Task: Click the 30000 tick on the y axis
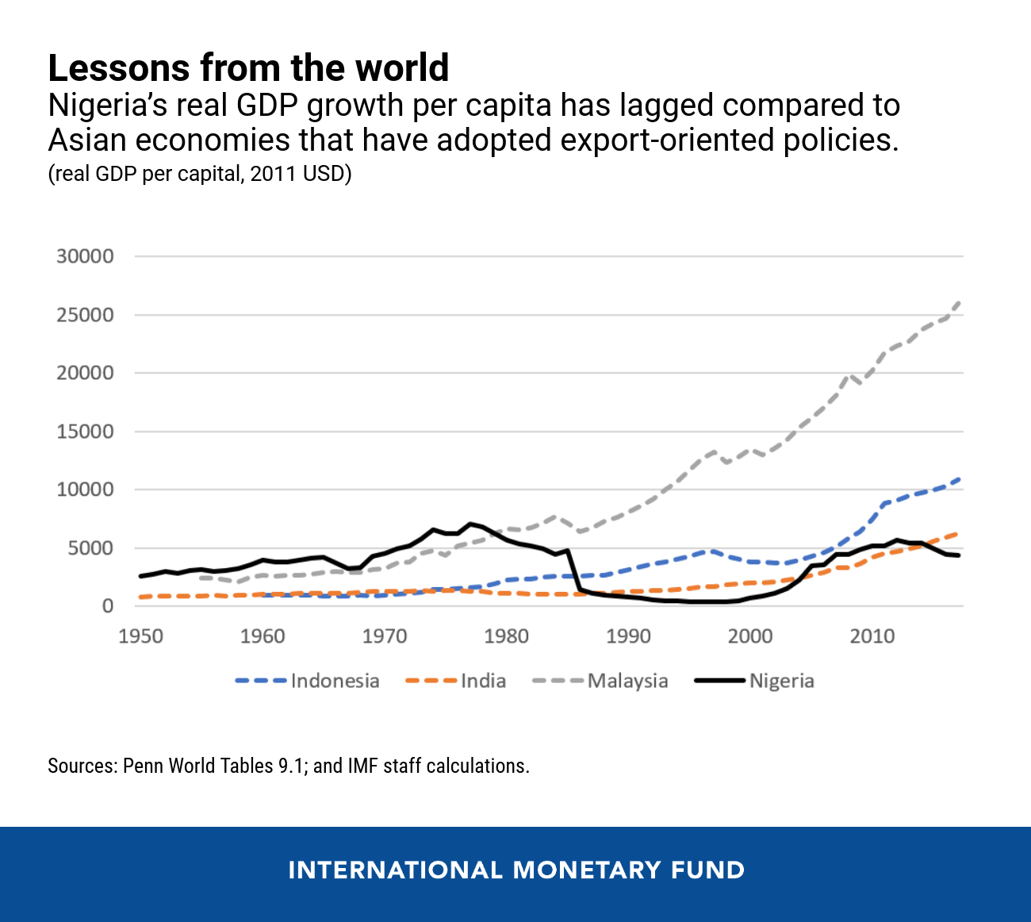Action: [85, 256]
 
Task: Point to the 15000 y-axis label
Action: [85, 432]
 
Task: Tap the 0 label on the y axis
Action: [108, 606]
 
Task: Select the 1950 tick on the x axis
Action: [141, 636]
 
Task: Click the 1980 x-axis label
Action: [507, 636]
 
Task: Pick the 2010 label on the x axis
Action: [872, 636]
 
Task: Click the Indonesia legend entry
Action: [335, 681]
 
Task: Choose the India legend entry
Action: [483, 681]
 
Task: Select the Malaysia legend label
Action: [627, 681]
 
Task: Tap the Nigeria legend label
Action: [781, 681]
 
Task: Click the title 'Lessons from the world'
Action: [248, 68]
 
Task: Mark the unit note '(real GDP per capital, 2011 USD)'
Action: [199, 174]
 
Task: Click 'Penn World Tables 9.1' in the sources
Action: [213, 766]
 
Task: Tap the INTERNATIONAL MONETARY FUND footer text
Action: [516, 870]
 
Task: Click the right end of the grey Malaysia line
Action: [960, 302]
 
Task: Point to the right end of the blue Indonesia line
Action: [960, 479]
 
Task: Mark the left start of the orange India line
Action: [141, 597]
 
